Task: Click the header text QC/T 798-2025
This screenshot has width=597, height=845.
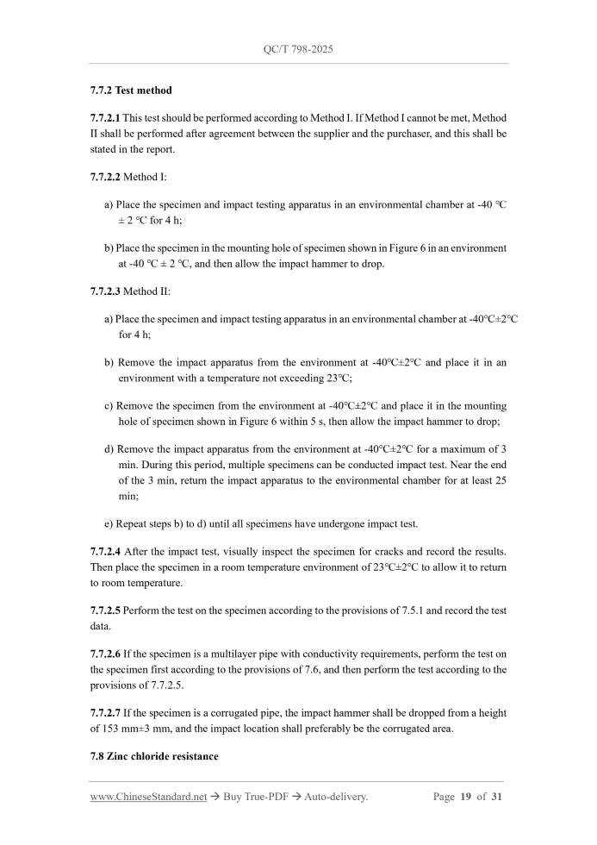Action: tap(298, 49)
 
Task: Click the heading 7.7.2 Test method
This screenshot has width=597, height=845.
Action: tap(131, 90)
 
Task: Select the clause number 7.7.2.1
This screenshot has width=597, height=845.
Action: tap(106, 118)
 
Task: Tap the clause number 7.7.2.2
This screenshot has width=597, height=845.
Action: tap(106, 177)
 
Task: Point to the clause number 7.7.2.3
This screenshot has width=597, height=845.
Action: tap(106, 291)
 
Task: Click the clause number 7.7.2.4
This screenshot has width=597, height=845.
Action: tap(106, 550)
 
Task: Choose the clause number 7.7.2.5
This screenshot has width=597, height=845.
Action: tap(106, 610)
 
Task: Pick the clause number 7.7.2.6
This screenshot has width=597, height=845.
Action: tap(106, 654)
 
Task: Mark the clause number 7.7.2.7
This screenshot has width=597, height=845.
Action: tap(106, 713)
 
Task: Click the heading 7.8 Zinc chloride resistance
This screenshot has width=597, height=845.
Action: tap(154, 756)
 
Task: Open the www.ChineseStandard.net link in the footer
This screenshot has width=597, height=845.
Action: tap(148, 797)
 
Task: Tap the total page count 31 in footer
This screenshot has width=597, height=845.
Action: tap(496, 797)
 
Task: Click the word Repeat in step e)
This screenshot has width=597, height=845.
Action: tap(131, 524)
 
